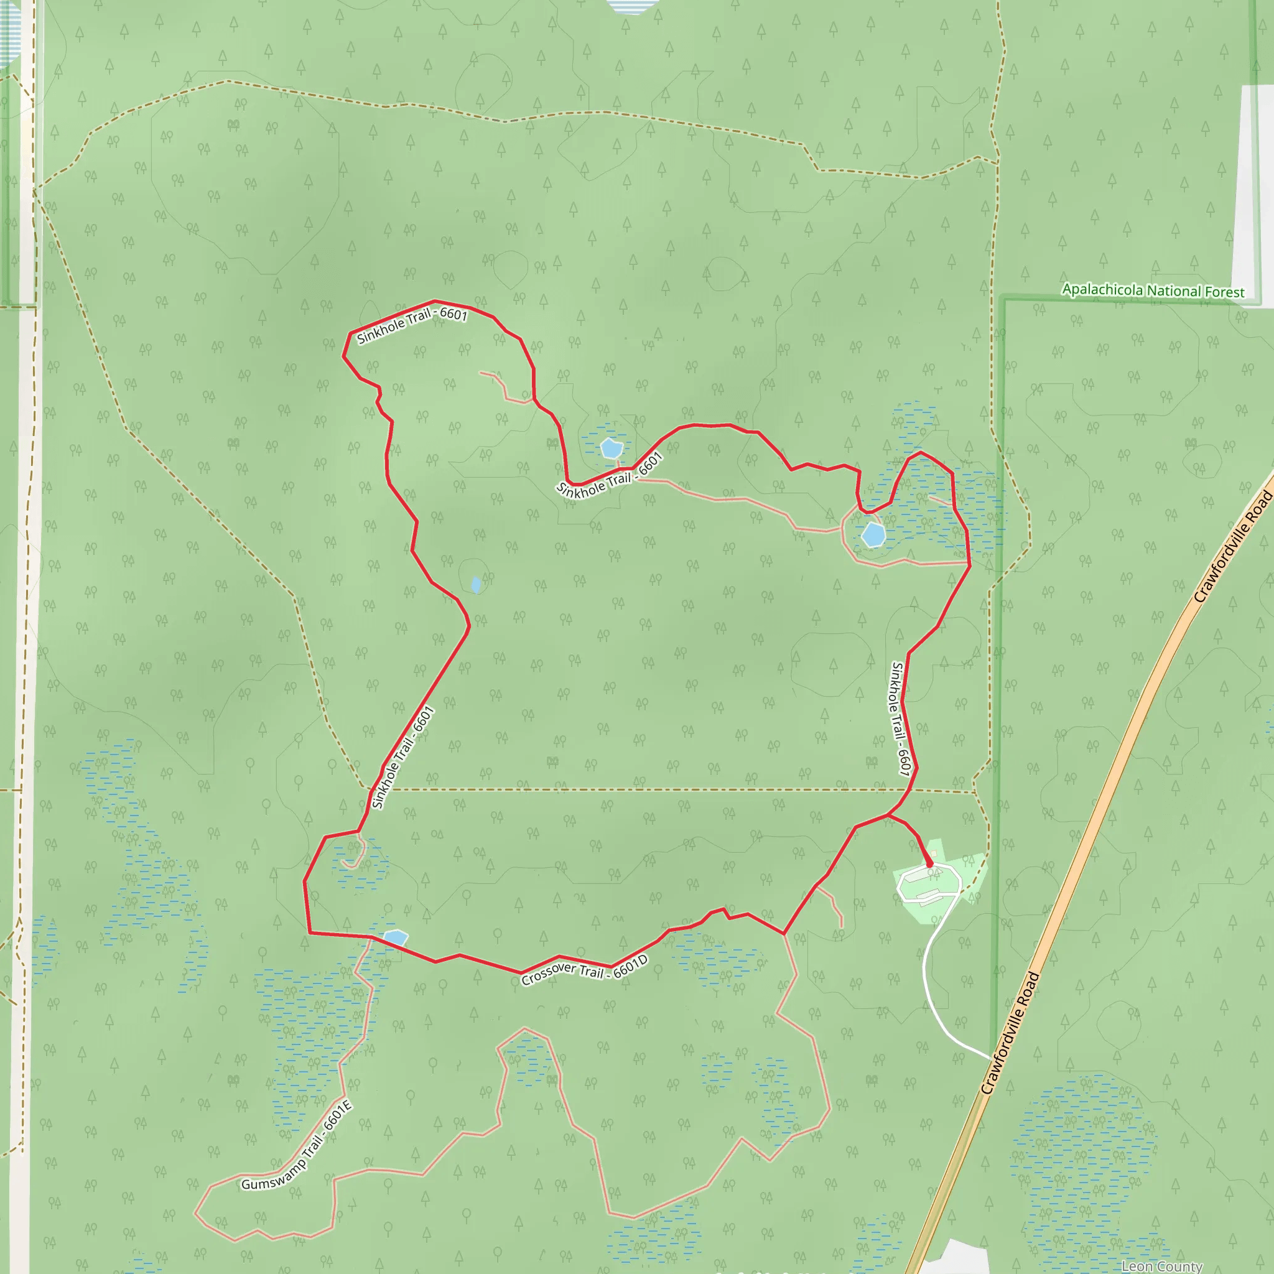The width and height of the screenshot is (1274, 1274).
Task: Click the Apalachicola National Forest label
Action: (1153, 291)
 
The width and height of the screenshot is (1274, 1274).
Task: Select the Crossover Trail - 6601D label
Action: (584, 970)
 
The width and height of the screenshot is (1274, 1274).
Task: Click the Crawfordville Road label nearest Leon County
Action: (1010, 1033)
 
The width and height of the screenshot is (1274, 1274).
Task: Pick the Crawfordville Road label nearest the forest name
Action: (1232, 547)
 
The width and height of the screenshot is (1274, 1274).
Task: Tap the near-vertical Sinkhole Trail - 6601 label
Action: (900, 718)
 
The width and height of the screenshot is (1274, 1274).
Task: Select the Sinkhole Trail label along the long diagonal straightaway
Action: (402, 757)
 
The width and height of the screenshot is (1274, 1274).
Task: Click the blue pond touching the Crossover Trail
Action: (395, 937)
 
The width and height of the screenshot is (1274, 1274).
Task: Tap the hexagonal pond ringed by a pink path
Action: (873, 534)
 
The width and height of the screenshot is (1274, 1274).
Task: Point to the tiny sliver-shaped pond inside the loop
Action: (476, 584)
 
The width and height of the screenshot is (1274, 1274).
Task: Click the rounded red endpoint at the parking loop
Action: (930, 863)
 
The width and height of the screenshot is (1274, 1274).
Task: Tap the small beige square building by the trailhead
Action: (934, 854)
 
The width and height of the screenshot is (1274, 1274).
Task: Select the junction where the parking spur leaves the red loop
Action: (888, 815)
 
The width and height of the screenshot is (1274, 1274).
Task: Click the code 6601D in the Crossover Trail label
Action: (630, 967)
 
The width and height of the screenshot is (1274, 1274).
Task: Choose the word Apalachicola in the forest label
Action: (1102, 289)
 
